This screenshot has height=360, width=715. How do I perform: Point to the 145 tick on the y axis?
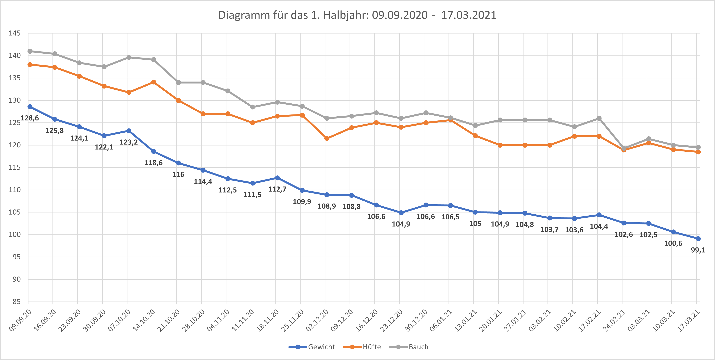pyautogui.click(x=15, y=33)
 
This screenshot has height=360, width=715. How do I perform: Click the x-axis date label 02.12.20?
pyautogui.click(x=317, y=320)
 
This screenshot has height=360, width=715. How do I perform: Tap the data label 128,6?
pyautogui.click(x=30, y=118)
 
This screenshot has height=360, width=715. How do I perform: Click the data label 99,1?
pyautogui.click(x=698, y=250)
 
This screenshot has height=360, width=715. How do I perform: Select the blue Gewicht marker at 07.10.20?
pyautogui.click(x=129, y=131)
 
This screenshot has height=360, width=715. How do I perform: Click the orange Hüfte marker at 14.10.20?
pyautogui.click(x=154, y=82)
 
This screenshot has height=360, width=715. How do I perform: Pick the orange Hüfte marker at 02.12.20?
pyautogui.click(x=327, y=138)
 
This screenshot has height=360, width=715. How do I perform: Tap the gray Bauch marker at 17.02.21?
pyautogui.click(x=599, y=118)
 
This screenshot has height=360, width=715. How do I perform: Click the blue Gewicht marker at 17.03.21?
pyautogui.click(x=698, y=239)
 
